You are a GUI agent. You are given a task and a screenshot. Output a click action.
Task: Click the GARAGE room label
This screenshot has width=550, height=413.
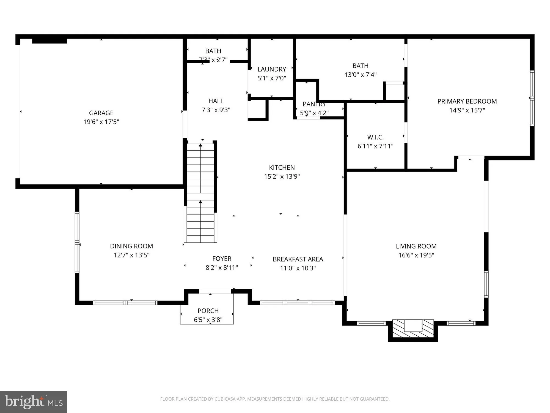tap(101, 113)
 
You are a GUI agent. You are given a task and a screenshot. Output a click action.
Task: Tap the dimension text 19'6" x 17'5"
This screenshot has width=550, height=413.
tap(101, 122)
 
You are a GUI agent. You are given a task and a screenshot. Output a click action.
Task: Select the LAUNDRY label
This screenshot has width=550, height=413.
tap(272, 69)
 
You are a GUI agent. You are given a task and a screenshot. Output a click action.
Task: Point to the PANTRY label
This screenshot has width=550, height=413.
tap(314, 104)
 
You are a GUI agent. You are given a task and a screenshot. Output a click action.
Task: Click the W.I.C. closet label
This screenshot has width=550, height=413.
tap(375, 137)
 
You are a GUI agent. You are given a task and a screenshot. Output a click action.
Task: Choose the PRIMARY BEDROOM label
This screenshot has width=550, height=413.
tap(467, 101)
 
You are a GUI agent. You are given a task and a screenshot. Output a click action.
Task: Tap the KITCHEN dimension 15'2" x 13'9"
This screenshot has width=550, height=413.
tap(282, 176)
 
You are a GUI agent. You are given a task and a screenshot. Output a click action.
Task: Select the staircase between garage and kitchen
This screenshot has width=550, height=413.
tap(200, 193)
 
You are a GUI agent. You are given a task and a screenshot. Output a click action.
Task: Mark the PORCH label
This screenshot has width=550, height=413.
tap(208, 311)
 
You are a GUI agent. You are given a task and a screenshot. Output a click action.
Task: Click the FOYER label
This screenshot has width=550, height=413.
tap(222, 259)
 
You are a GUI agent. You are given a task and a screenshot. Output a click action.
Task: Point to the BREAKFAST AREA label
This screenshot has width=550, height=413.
tap(298, 259)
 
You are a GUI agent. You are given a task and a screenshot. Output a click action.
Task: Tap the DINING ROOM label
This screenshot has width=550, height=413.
tap(131, 246)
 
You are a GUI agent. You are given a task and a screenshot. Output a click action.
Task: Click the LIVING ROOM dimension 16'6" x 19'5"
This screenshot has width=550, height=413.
tap(416, 255)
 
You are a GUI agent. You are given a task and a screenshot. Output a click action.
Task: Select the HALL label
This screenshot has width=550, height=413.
tap(216, 101)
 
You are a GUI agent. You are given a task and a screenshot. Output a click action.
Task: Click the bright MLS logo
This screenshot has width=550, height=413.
tap(34, 402)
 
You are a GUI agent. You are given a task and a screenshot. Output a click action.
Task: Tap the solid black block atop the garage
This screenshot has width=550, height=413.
tap(50, 41)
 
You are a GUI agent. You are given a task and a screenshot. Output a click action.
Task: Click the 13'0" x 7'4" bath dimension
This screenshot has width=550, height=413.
tap(360, 75)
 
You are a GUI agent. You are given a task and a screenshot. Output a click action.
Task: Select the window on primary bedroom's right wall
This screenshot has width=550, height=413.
tap(532, 98)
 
